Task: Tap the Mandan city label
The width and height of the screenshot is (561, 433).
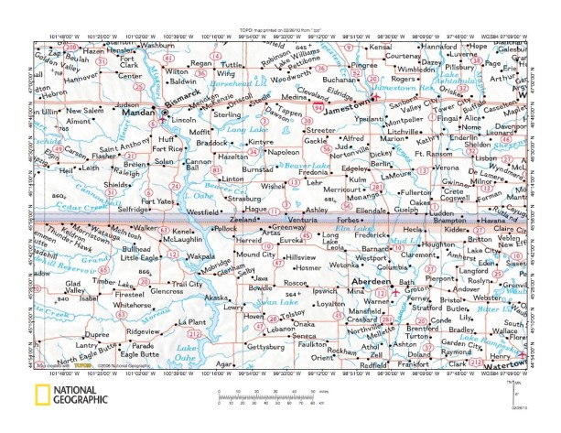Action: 136,118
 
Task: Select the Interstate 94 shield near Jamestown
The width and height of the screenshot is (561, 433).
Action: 318,106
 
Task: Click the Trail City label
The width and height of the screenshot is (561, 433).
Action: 188,284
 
